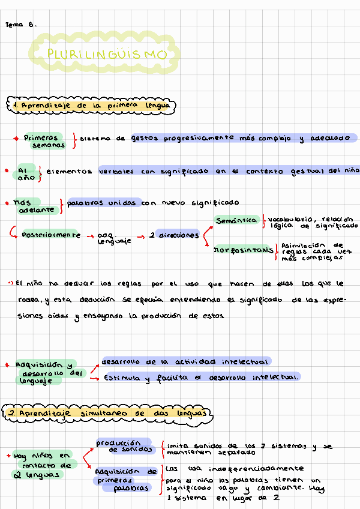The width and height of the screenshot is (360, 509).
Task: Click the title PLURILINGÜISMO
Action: click(x=106, y=55)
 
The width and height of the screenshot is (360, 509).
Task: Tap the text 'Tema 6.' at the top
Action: click(x=20, y=25)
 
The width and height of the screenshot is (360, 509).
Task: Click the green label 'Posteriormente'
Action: click(x=50, y=235)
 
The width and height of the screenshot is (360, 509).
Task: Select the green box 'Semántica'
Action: click(x=236, y=221)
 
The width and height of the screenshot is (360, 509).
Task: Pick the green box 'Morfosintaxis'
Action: click(x=239, y=250)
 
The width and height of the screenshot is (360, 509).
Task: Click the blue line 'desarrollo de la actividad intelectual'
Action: click(x=184, y=361)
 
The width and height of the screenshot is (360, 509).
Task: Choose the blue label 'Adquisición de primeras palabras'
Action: click(x=125, y=480)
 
